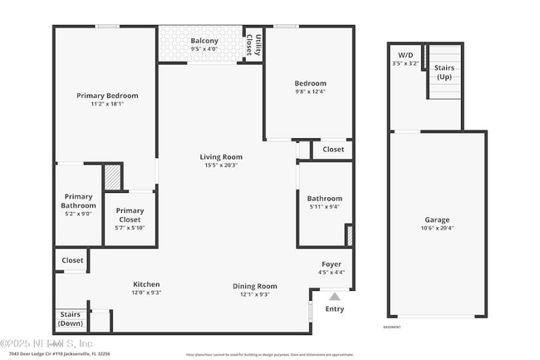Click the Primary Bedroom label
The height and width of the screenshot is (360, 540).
[x=107, y=96]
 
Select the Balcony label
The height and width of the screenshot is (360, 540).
[x=204, y=40]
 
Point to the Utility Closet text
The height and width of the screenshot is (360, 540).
[x=258, y=44]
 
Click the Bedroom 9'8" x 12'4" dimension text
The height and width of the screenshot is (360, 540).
[x=310, y=91]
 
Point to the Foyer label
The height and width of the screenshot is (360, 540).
[x=331, y=264]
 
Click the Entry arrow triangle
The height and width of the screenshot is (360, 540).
[x=335, y=295]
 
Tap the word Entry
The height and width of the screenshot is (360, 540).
[x=335, y=308]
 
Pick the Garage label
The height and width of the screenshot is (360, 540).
[x=436, y=219]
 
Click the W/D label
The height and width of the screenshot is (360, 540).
[x=405, y=54]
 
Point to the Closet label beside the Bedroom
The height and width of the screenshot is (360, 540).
[x=333, y=150]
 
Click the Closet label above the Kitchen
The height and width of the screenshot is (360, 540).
[x=72, y=260]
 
